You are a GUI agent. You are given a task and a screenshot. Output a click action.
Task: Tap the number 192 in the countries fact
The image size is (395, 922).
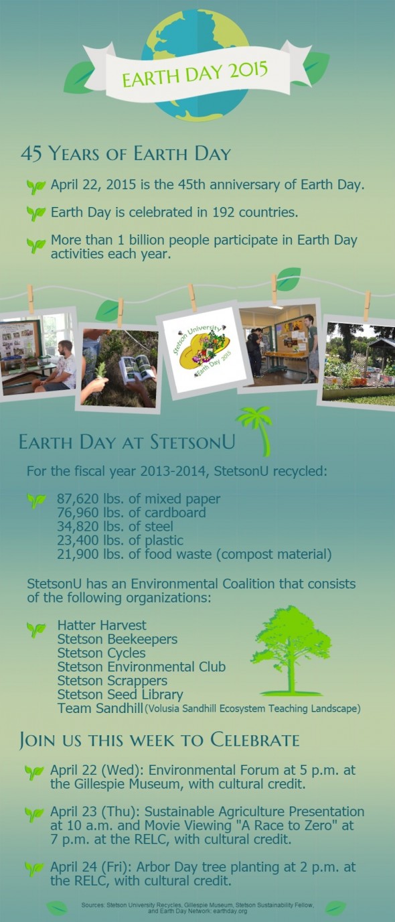point(224,212)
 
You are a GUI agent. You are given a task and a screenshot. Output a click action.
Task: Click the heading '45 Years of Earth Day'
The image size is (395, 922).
point(126,153)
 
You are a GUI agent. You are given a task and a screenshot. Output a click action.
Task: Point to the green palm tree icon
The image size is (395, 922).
point(256,431)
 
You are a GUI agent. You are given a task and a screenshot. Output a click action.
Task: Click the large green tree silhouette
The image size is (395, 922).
point(291,651)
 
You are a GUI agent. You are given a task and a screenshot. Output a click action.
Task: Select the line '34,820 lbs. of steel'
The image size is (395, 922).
point(114,527)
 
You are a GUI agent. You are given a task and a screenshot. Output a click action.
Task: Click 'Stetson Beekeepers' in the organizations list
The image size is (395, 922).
point(117,639)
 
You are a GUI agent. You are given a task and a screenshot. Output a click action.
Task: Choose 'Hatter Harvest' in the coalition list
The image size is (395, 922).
point(102,625)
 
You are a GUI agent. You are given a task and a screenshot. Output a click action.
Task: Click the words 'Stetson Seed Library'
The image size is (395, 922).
point(120,694)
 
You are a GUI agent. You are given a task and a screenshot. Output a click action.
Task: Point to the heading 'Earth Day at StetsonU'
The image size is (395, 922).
point(127,442)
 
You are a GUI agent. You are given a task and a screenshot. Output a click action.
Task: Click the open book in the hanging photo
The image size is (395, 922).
point(137,369)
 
